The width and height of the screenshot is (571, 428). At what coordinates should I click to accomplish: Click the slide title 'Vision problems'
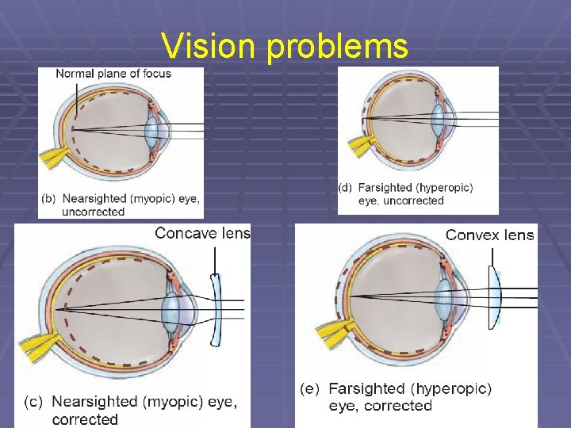(285, 46)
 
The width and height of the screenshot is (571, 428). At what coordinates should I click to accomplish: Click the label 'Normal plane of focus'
(113, 74)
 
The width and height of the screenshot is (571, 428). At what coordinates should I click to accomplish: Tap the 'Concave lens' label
(202, 233)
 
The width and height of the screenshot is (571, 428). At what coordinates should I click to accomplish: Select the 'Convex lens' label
(489, 235)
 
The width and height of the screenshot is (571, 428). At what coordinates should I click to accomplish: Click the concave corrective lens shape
(214, 310)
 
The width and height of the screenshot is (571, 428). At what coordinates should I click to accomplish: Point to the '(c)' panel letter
(33, 403)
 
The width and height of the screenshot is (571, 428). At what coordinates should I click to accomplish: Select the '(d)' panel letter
(346, 189)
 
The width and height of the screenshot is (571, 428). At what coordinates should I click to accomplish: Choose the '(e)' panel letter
(310, 388)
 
